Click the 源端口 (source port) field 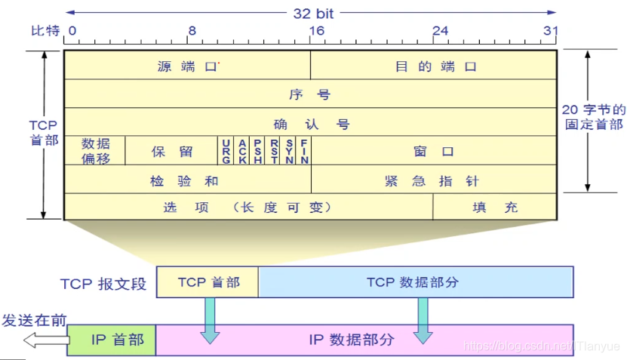[x=187, y=66]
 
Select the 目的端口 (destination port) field [x=435, y=66]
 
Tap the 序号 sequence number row [x=310, y=94]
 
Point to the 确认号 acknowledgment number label [x=310, y=123]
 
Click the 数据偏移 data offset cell [x=95, y=151]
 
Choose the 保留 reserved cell [x=172, y=151]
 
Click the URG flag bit [x=226, y=151]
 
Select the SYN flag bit [x=289, y=151]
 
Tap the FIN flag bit [x=304, y=151]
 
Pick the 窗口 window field [x=434, y=151]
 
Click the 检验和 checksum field [x=187, y=180]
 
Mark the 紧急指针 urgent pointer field [x=434, y=180]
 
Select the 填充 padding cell [x=495, y=208]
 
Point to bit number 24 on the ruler [x=440, y=31]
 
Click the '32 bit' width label [x=313, y=13]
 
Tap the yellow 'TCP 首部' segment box [x=207, y=282]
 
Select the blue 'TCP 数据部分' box [x=415, y=282]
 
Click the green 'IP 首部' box [x=112, y=340]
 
